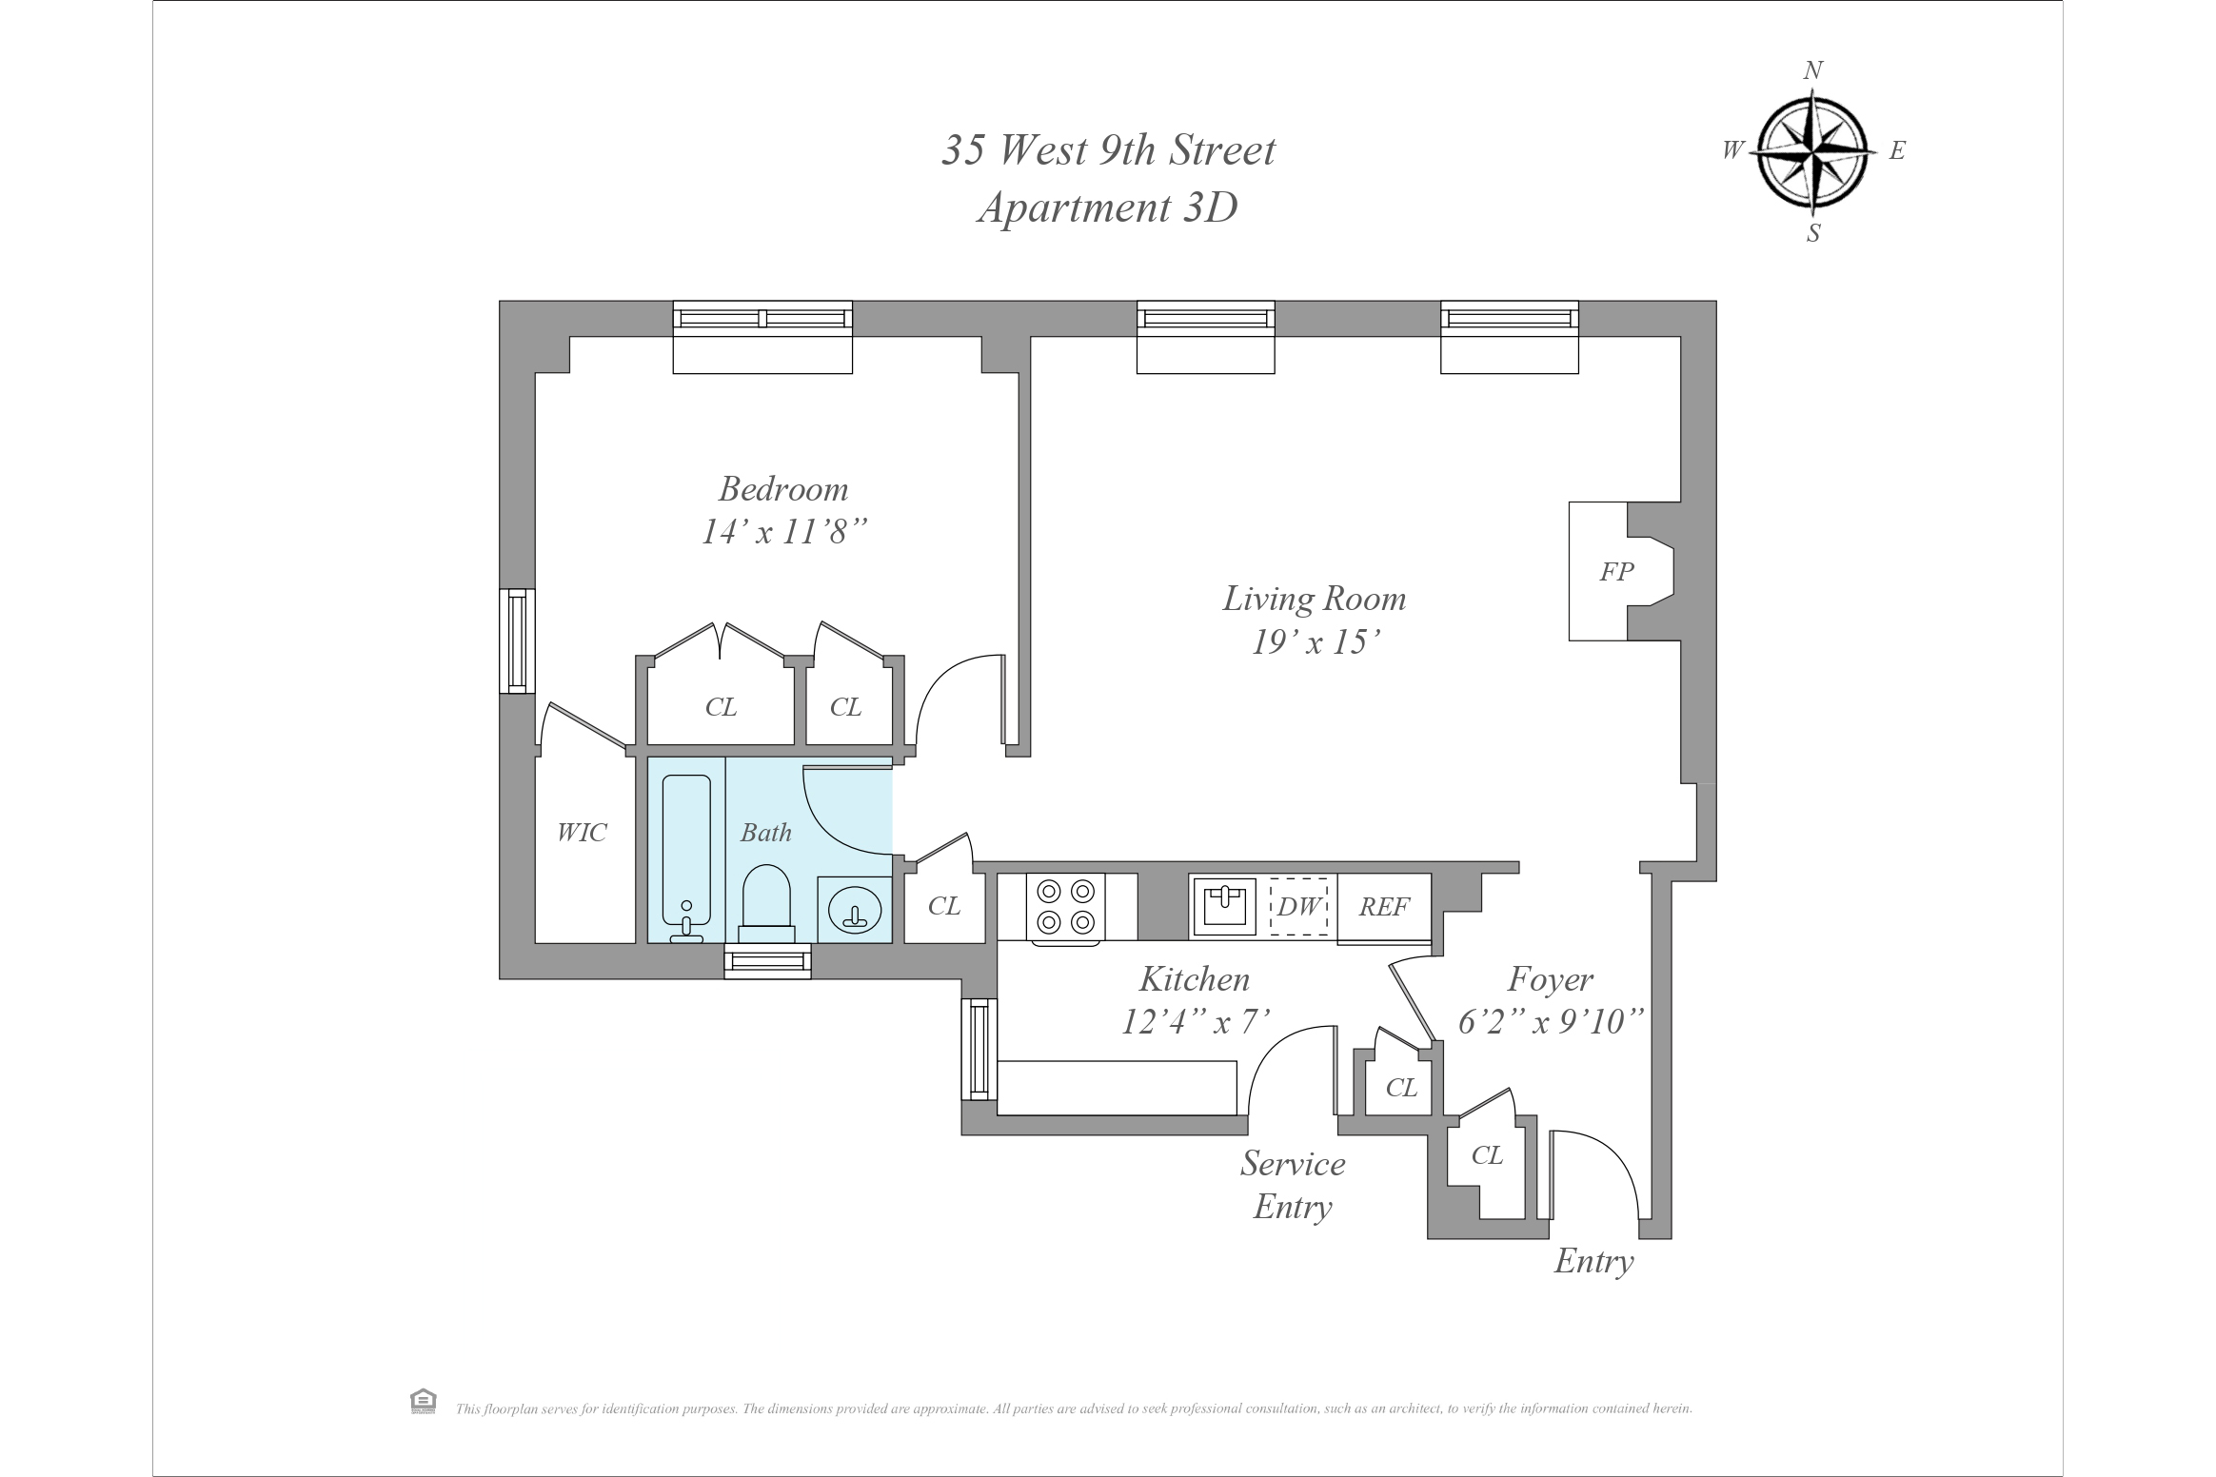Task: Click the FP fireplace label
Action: [1616, 572]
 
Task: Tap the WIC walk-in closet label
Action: [582, 833]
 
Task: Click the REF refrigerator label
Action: [1384, 907]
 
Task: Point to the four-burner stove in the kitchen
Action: [1065, 907]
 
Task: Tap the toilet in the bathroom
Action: [766, 899]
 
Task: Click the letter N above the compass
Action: [1812, 70]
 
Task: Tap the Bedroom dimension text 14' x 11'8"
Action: [784, 532]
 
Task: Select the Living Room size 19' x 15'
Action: [1316, 642]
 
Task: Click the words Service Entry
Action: [1293, 1185]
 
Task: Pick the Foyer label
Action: [1551, 979]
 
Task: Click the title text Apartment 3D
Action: [1107, 207]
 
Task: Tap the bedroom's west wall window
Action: [517, 640]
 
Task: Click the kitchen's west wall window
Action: [979, 1049]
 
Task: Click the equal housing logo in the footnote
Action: [423, 1401]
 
